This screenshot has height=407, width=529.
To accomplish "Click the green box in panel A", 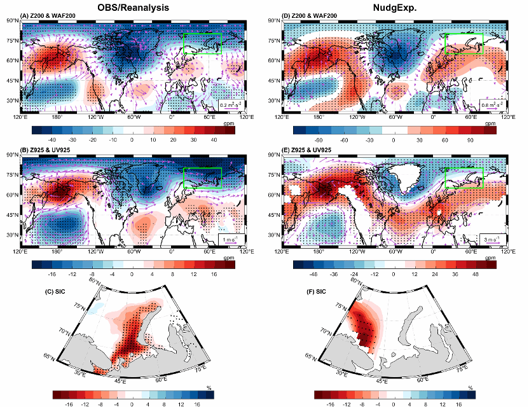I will [x=202, y=44].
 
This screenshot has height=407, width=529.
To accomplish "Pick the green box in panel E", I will [x=464, y=177].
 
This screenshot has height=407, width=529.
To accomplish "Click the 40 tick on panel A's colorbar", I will [x=214, y=140].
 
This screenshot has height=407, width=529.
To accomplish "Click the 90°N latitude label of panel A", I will [x=13, y=21].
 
